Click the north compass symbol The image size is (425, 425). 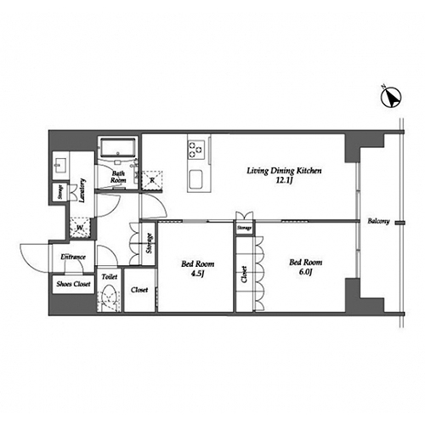click(x=391, y=97)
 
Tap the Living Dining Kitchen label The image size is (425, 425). click(x=284, y=171)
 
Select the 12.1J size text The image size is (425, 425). click(x=284, y=180)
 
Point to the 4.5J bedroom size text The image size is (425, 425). click(x=197, y=274)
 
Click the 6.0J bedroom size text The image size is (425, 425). click(x=305, y=272)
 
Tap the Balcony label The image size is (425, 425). click(x=378, y=221)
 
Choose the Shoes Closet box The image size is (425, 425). click(x=74, y=284)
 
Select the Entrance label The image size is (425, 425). click(x=73, y=257)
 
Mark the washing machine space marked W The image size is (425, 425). click(x=80, y=227)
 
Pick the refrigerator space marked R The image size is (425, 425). click(x=152, y=180)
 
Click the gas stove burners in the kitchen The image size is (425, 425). click(x=195, y=150)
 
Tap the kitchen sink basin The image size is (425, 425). click(x=195, y=179)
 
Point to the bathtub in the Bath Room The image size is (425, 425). click(x=118, y=147)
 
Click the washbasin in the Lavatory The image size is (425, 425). click(x=59, y=165)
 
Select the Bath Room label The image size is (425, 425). click(x=118, y=177)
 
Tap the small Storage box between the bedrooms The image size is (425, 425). click(x=244, y=227)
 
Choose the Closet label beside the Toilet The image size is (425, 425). click(x=139, y=290)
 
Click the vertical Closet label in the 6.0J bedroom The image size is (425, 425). click(x=244, y=275)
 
